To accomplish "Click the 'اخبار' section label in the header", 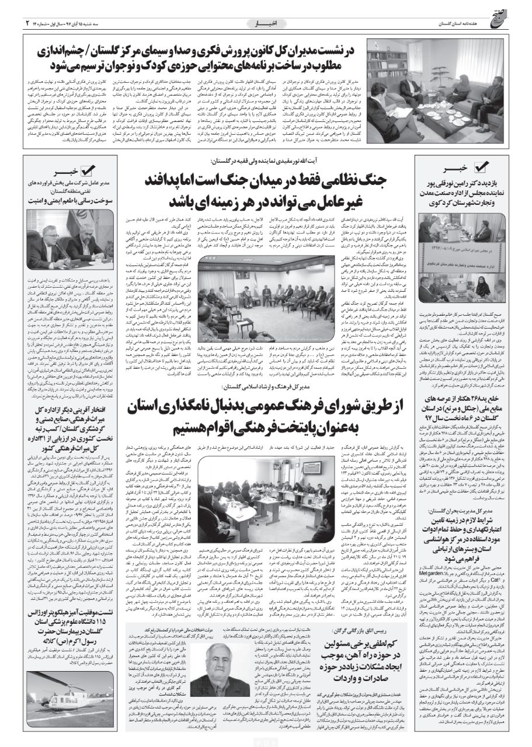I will coord(266,23).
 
